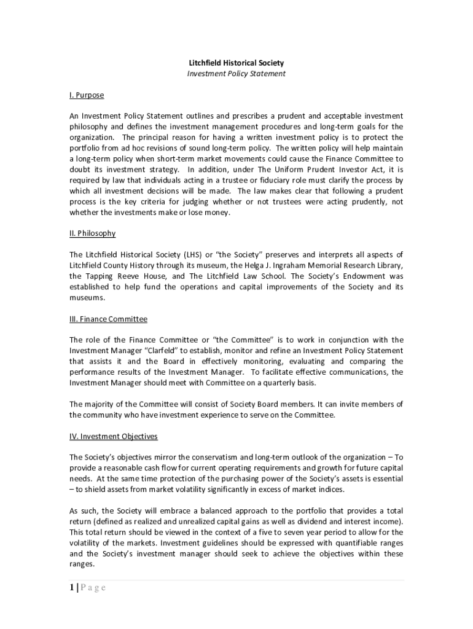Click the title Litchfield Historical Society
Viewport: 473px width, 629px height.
click(236, 63)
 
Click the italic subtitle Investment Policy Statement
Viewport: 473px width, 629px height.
click(236, 74)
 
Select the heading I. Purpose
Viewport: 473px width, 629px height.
click(87, 95)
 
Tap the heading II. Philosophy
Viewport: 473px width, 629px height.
click(92, 233)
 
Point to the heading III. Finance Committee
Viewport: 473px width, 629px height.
click(108, 319)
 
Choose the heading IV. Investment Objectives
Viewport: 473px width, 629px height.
click(114, 437)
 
